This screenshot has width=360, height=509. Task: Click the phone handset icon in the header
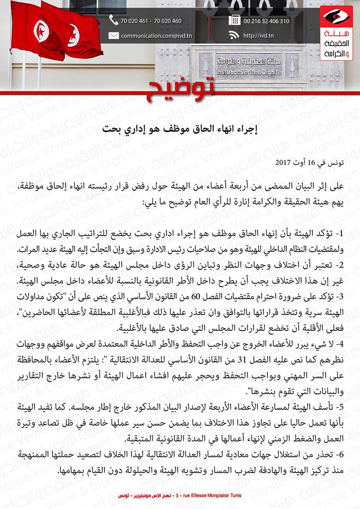113,21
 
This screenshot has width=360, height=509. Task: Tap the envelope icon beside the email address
113,36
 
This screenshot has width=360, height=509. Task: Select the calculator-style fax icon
234,21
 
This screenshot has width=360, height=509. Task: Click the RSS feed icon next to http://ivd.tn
234,36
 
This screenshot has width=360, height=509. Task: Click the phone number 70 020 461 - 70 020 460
151,21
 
